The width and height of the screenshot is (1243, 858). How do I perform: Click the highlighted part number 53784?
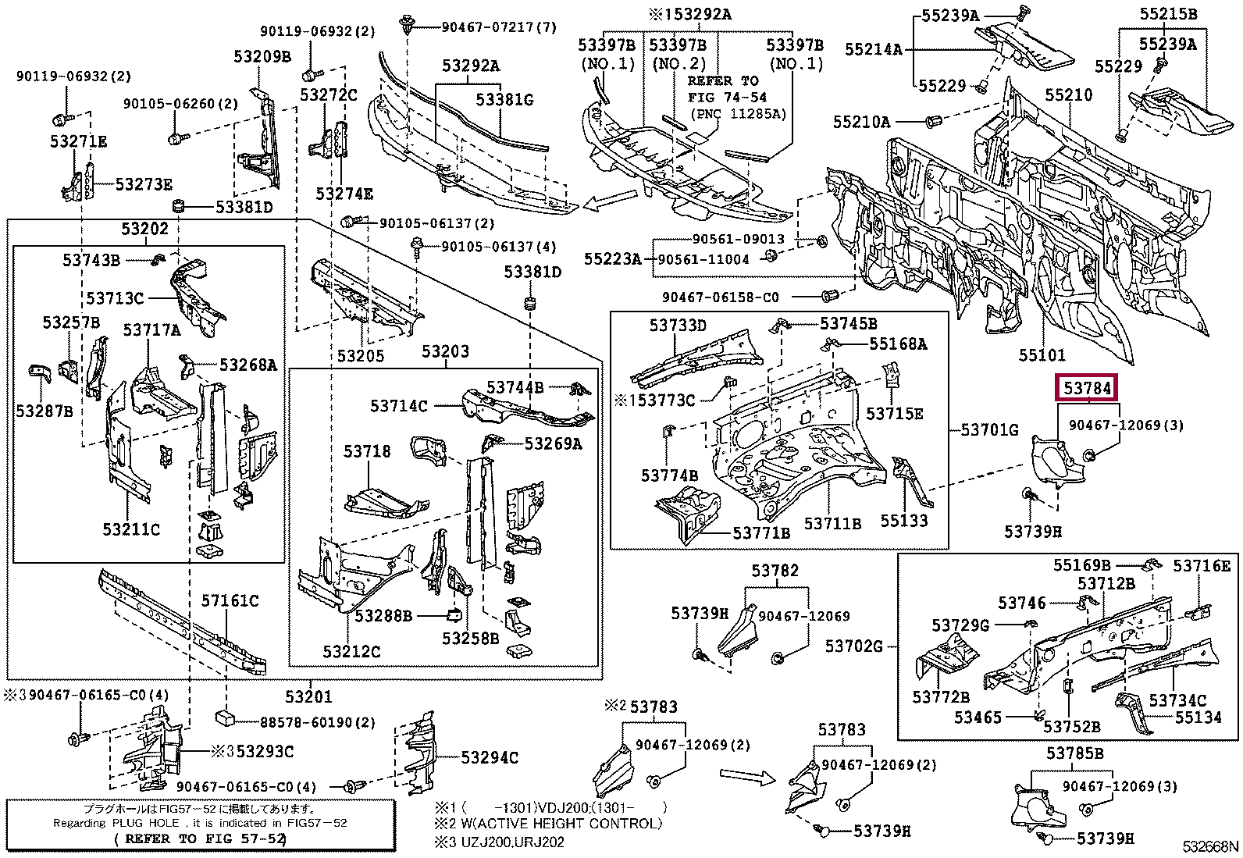1086,388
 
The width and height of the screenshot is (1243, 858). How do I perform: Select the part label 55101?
1042,355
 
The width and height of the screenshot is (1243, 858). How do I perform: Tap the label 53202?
144,229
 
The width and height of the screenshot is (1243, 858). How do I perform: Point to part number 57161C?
230,600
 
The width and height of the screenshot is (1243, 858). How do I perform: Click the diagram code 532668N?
1209,846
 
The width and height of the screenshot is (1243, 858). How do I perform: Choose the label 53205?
361,356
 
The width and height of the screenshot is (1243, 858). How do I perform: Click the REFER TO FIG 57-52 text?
201,838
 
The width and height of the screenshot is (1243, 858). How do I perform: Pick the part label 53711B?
832,524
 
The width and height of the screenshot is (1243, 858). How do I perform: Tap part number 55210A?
861,122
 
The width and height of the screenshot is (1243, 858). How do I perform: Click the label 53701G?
989,429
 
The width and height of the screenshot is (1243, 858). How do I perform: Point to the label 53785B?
1075,753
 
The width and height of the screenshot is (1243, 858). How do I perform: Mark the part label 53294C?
490,757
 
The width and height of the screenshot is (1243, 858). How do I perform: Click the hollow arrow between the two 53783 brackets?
746,775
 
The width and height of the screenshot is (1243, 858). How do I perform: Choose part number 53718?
367,452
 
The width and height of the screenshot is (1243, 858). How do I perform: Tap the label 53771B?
761,532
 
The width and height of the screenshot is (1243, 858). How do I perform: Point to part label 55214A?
873,49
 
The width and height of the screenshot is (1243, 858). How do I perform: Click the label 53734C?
1177,700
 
